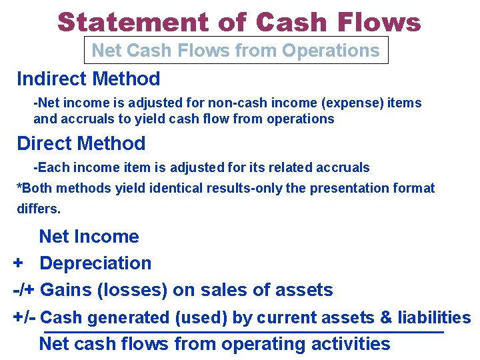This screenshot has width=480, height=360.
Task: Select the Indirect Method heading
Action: tap(89, 79)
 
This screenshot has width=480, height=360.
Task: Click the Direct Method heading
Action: tap(81, 143)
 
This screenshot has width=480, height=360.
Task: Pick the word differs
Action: tap(38, 209)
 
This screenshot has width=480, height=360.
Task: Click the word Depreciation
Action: tap(95, 263)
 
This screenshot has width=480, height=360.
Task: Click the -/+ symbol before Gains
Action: tap(25, 290)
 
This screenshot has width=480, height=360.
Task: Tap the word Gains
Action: tap(71, 290)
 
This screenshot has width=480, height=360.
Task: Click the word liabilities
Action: tap(434, 318)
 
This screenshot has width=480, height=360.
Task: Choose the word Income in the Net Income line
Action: tap(107, 237)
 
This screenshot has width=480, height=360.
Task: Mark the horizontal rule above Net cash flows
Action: tap(243, 331)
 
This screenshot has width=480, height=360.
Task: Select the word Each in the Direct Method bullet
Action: tap(54, 167)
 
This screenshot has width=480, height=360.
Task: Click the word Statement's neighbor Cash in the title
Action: tap(290, 22)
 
